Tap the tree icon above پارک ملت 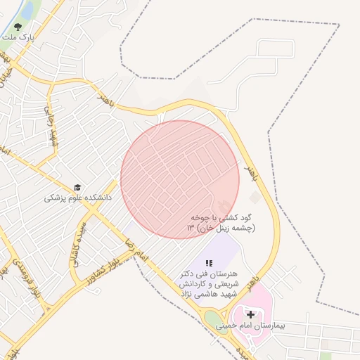(16, 27)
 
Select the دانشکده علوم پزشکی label (77, 198)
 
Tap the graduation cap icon (77, 188)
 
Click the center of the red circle (180, 179)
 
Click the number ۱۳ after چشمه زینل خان (190, 229)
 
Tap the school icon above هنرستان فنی (208, 262)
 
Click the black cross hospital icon (251, 314)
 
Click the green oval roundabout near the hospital (212, 320)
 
